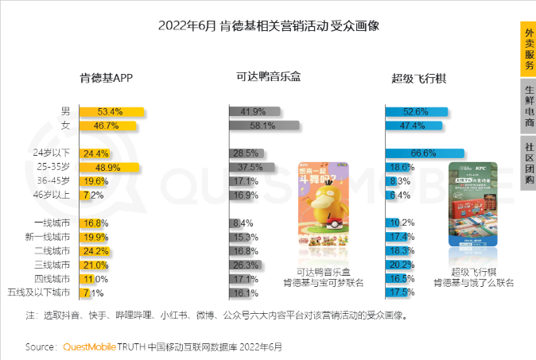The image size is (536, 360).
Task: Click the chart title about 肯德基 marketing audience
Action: coord(269,25)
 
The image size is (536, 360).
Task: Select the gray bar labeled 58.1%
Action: coord(264,126)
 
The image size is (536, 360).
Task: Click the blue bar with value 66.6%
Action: coord(425,153)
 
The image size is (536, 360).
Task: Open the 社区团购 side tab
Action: coord(528,162)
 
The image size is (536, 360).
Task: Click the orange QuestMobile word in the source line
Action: coord(88,347)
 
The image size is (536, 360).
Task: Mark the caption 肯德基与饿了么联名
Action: coord(473,282)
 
